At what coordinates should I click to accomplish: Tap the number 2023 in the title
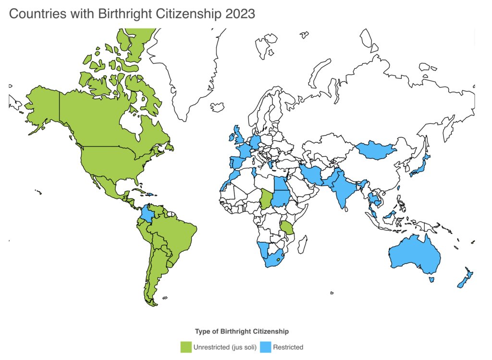pyautogui.click(x=238, y=13)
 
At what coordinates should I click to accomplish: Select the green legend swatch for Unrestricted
pyautogui.click(x=185, y=347)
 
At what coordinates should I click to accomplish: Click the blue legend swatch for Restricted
pyautogui.click(x=265, y=347)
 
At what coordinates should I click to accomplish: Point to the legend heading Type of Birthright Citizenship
pyautogui.click(x=242, y=331)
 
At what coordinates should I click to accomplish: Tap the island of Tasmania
pyautogui.click(x=431, y=279)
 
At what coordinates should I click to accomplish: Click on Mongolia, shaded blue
pyautogui.click(x=374, y=150)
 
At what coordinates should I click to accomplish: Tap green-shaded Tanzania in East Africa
pyautogui.click(x=288, y=227)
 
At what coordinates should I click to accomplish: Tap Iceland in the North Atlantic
pyautogui.click(x=218, y=106)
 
